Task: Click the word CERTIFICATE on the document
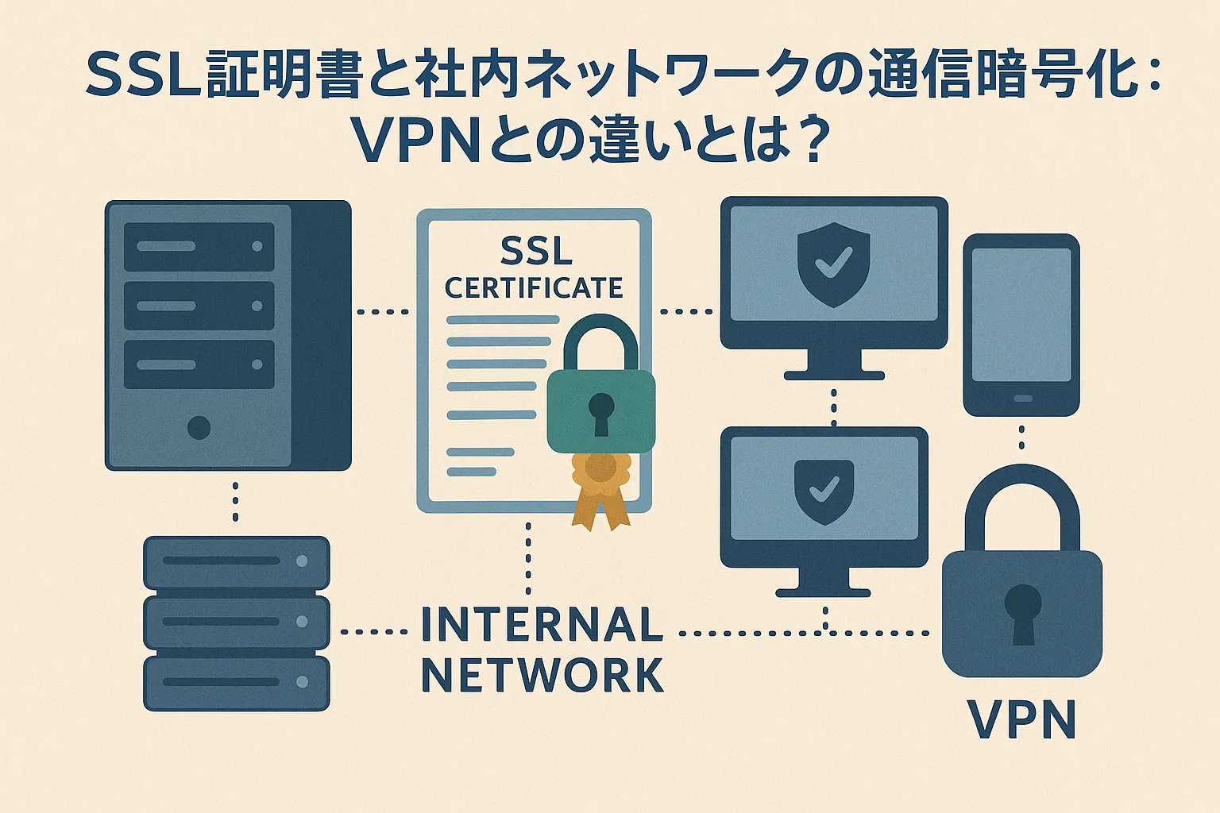[x=534, y=287]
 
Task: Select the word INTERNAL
[x=542, y=625]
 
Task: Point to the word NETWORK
[x=542, y=676]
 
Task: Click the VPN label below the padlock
[x=1022, y=720]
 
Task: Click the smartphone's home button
[x=1022, y=399]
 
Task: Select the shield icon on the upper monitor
[x=833, y=264]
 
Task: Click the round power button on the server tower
[x=199, y=428]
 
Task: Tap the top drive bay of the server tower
[x=199, y=246]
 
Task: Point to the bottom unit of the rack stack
[x=236, y=682]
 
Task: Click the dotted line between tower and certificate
[x=383, y=312]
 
